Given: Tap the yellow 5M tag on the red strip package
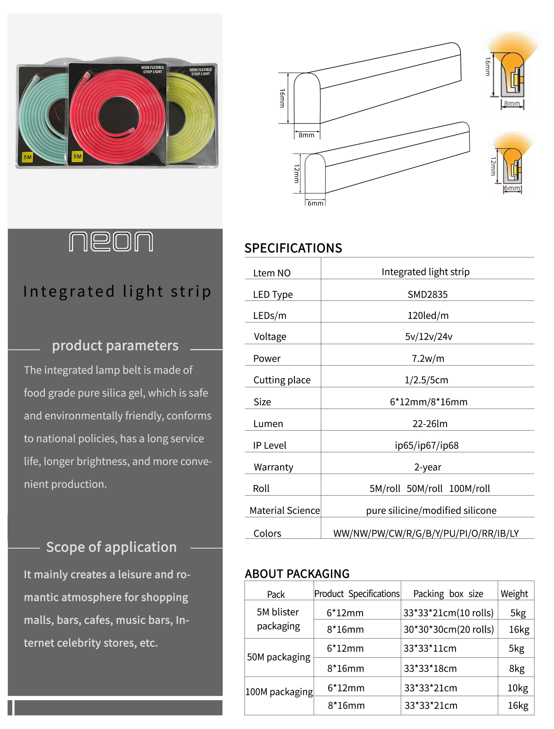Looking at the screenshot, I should pos(77,156).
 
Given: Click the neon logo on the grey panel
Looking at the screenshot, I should pos(111,241).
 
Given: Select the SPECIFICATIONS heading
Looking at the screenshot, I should pos(293,248).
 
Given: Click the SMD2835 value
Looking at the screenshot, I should pos(427,294).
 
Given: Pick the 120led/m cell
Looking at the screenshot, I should pos(428,315).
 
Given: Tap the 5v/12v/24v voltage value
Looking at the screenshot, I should pos(428,337).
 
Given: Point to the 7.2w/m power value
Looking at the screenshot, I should pos(428,358).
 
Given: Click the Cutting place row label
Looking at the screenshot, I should pos(282,380).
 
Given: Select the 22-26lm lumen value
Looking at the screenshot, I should pos(430,424).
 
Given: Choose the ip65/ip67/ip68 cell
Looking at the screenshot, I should pos(426,445).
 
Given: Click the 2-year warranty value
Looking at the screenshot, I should pos(427,467).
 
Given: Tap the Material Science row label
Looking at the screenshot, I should pos(285,510).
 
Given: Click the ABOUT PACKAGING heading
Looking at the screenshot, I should pos(297,574).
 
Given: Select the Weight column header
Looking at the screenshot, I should pos(514,594).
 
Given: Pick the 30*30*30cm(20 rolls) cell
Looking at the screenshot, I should pos(448,629).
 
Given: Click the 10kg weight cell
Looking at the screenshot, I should pos(517,688).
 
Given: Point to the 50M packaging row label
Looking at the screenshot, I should pos(279,657).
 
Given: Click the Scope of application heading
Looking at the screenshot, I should pos(111,547).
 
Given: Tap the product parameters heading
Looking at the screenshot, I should pos(115,346).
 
